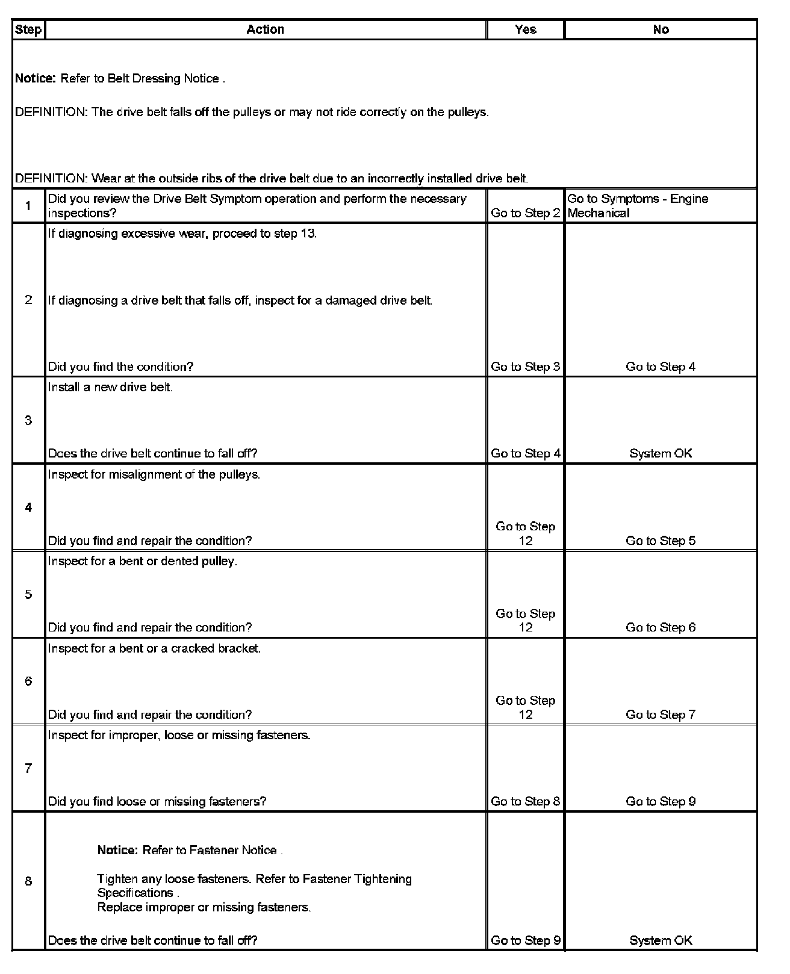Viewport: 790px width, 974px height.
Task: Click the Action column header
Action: pyautogui.click(x=265, y=29)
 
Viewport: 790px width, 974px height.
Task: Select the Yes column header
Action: pyautogui.click(x=525, y=29)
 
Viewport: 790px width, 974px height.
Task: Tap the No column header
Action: pyautogui.click(x=661, y=29)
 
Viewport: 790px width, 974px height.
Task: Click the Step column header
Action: pyautogui.click(x=28, y=29)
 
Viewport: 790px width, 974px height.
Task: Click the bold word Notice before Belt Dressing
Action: pyautogui.click(x=36, y=79)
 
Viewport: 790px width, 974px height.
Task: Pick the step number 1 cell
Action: pyautogui.click(x=28, y=206)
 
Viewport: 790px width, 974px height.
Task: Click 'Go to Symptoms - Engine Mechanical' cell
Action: pyautogui.click(x=638, y=206)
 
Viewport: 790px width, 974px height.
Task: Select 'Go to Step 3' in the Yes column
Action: pyautogui.click(x=525, y=367)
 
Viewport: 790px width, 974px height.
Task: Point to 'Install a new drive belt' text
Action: pyautogui.click(x=110, y=387)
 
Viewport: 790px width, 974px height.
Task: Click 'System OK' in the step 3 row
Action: pyautogui.click(x=661, y=453)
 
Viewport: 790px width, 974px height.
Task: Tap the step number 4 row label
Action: pyautogui.click(x=28, y=507)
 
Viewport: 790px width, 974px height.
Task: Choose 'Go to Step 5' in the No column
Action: pyautogui.click(x=661, y=541)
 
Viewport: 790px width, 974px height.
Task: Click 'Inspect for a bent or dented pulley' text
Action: pyautogui.click(x=143, y=561)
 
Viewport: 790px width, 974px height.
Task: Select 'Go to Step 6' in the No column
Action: pyautogui.click(x=661, y=627)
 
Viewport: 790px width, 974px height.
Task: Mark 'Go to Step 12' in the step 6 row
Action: pyautogui.click(x=525, y=707)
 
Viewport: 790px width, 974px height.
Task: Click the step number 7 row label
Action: pyautogui.click(x=28, y=768)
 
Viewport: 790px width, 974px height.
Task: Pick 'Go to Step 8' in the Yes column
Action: pyautogui.click(x=525, y=801)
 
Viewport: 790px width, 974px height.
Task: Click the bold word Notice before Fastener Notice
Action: pyautogui.click(x=118, y=851)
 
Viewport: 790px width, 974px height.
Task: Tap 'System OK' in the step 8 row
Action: pyautogui.click(x=661, y=940)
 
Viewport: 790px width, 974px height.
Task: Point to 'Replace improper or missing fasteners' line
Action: pyautogui.click(x=204, y=907)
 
